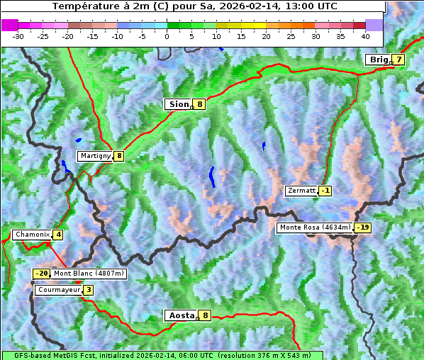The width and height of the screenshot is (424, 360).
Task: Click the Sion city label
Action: [x=179, y=104]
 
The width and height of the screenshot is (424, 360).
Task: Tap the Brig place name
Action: [x=379, y=60]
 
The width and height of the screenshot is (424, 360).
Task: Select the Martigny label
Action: [x=95, y=156]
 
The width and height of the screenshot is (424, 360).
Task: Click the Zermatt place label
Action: [x=301, y=191]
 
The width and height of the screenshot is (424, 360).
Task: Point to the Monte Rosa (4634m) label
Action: [x=315, y=227]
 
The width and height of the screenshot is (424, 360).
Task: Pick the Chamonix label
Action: [x=32, y=235]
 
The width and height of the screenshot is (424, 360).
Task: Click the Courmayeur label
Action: [x=58, y=290]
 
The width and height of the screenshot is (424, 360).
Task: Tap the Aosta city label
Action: [x=180, y=315]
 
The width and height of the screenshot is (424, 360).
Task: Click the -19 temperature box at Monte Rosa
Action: [x=363, y=227]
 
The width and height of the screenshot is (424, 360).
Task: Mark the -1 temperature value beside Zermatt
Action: [x=325, y=191]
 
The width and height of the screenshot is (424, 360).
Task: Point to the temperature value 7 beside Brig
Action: [x=399, y=60]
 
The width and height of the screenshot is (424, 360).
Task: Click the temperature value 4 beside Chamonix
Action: [x=58, y=235]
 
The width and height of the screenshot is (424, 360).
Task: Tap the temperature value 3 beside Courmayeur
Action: [x=89, y=290]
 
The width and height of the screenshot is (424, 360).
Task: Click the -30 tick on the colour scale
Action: [x=18, y=35]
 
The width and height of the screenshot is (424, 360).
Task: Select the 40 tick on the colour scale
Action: [x=365, y=35]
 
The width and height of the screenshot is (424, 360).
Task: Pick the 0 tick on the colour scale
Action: [x=167, y=35]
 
